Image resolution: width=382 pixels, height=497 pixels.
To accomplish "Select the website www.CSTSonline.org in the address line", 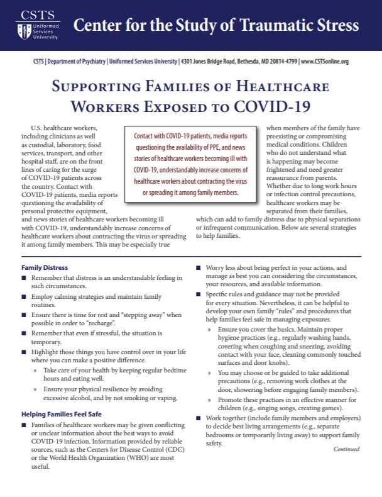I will (x=324, y=62).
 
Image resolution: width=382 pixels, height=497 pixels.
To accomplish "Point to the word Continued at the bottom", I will (x=346, y=449).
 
